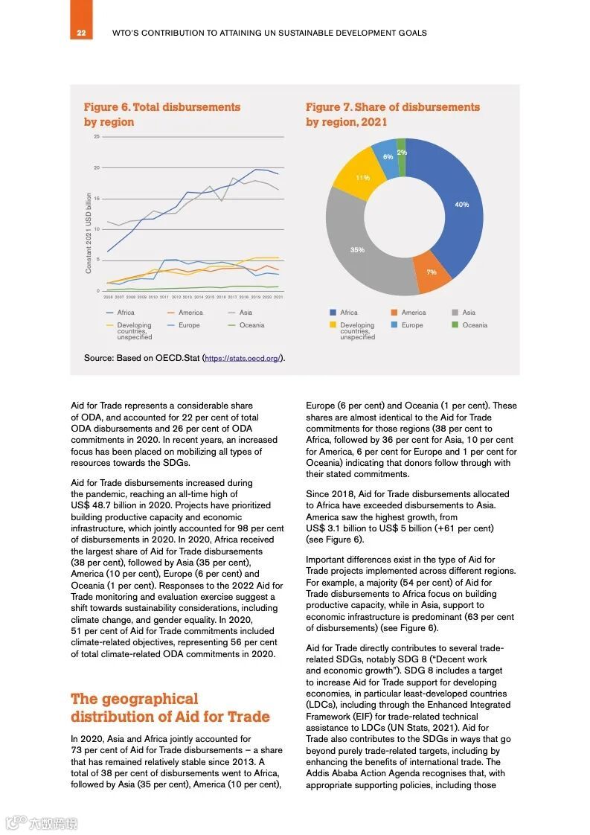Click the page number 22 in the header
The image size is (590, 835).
81,33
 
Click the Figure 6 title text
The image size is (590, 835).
161,115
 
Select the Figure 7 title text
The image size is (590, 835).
392,115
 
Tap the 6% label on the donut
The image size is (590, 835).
388,157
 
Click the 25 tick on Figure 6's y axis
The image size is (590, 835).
97,137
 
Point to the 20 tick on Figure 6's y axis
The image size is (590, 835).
97,168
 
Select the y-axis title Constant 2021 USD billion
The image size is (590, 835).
89,233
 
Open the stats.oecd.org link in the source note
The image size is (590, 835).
243,359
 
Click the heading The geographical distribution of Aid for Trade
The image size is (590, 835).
170,708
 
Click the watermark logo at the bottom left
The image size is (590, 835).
42,822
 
